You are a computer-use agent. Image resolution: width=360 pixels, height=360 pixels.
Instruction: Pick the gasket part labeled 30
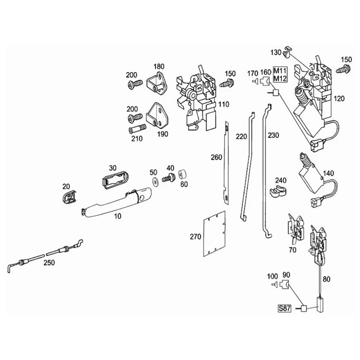tap(114, 180)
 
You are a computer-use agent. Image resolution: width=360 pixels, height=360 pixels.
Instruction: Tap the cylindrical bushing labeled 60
tap(183, 175)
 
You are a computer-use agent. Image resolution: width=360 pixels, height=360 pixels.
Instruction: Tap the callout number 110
tap(224, 104)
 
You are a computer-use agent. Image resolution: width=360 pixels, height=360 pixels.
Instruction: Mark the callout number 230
tap(274, 135)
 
